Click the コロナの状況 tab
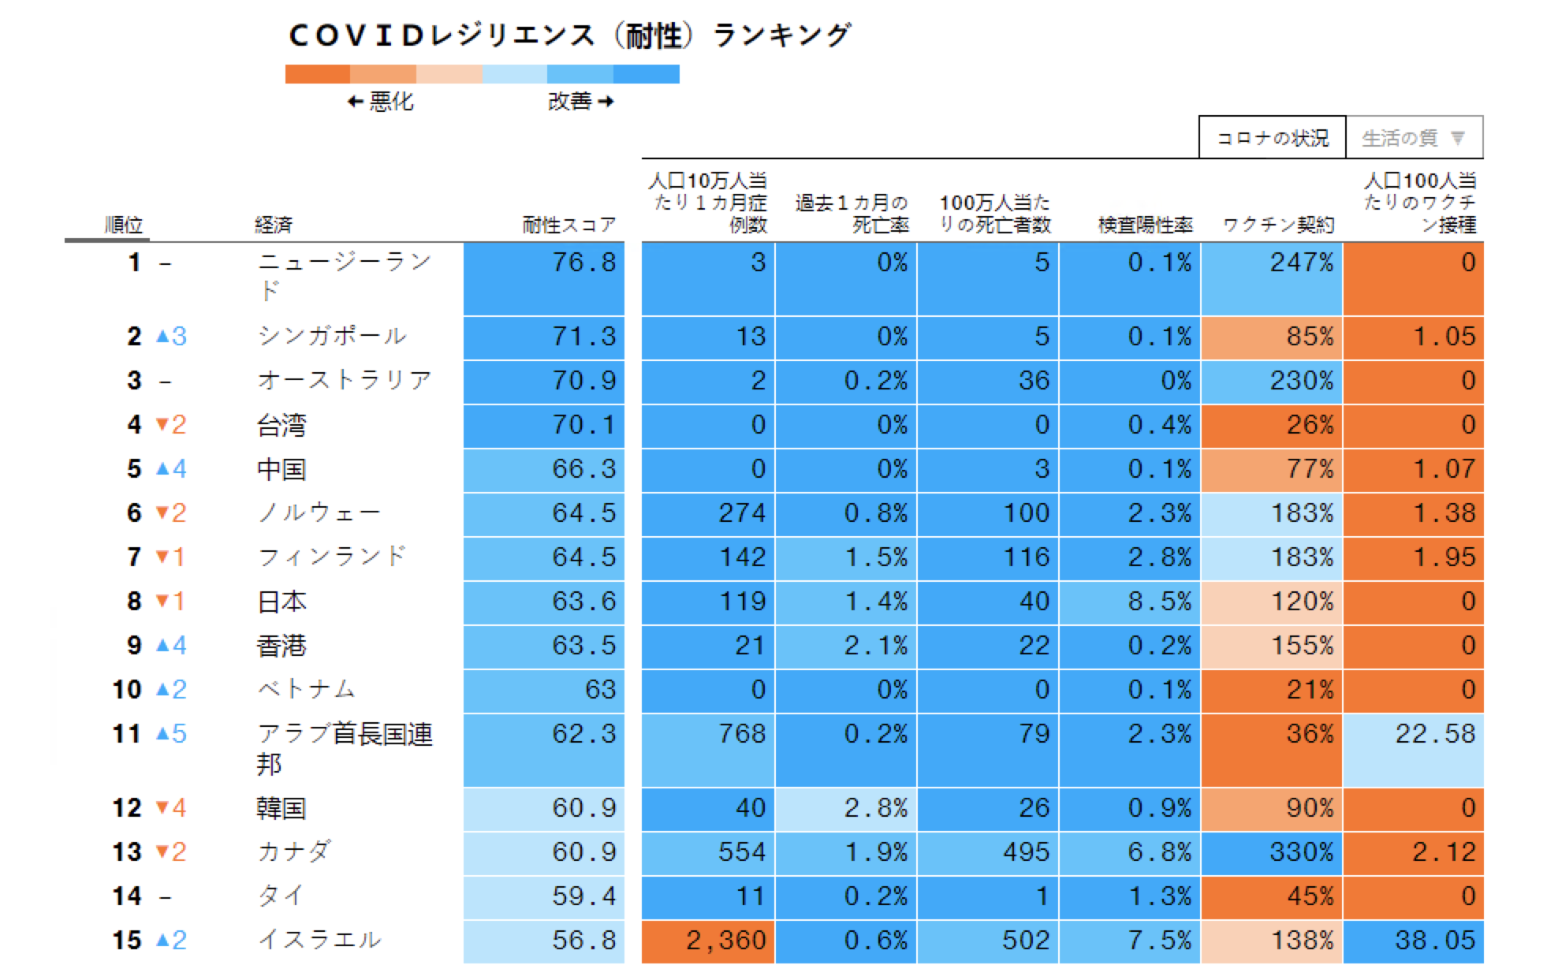point(1272,138)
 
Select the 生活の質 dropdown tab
point(1413,138)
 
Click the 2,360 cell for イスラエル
point(708,941)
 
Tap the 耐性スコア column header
point(568,225)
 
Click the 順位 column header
point(124,225)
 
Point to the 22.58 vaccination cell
point(1413,749)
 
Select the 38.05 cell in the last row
point(1413,941)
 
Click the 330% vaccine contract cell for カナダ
point(1271,852)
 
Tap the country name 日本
point(281,602)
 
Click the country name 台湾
point(281,425)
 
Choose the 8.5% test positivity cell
point(1129,602)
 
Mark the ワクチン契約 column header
point(1278,225)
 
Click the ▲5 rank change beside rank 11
point(171,734)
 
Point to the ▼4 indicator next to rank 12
point(171,808)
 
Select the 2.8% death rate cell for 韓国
point(845,808)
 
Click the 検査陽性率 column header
point(1145,225)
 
